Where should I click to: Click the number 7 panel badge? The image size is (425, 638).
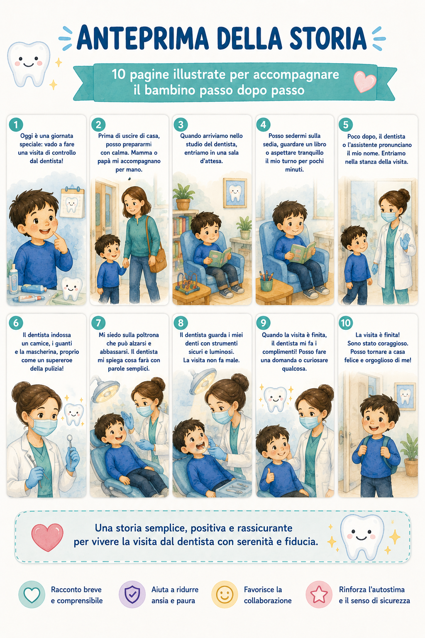pos(98,323)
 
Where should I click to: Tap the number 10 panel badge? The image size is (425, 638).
pos(346,323)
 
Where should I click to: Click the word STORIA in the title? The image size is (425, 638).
pos(328,38)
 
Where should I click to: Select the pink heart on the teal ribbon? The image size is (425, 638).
pos(365,81)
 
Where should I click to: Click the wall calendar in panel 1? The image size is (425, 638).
pos(72,202)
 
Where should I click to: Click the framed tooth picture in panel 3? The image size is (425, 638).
pos(235,193)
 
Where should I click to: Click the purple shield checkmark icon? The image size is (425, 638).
pos(132,594)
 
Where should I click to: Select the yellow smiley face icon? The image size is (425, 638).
pos(225,594)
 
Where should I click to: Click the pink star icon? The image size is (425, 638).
pos(319,594)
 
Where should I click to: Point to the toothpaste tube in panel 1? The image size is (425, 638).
pos(32,299)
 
